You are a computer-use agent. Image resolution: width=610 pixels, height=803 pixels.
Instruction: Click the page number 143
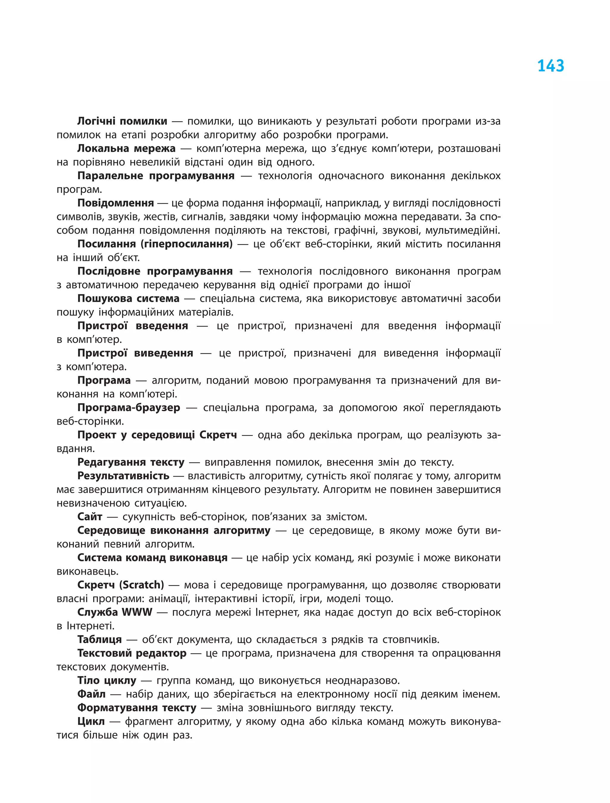[550, 66]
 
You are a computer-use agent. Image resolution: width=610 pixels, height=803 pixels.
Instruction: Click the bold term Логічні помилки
[122, 121]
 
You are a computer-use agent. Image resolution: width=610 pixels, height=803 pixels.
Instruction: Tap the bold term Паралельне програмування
[156, 176]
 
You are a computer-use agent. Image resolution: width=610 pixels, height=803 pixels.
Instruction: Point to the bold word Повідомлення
[116, 203]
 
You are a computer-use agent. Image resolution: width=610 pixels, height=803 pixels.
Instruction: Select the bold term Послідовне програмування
[155, 271]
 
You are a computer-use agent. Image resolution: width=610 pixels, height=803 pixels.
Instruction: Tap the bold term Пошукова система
[128, 298]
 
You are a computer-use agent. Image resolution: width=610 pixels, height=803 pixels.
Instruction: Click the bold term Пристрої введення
[133, 326]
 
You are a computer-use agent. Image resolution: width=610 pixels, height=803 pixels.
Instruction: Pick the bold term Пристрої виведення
[135, 353]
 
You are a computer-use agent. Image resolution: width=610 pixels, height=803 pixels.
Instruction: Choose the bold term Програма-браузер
[129, 407]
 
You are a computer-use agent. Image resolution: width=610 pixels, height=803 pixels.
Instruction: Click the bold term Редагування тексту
[131, 462]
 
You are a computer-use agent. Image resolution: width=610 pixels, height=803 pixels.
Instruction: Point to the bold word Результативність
[123, 475]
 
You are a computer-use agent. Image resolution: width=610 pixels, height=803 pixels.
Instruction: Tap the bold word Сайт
[90, 517]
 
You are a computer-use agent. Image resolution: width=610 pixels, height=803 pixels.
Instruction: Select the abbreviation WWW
[137, 612]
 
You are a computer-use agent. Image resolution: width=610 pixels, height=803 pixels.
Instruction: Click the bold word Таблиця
[99, 639]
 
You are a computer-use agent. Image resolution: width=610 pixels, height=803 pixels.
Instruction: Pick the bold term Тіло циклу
[107, 680]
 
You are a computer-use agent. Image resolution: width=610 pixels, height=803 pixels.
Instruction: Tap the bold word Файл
[91, 694]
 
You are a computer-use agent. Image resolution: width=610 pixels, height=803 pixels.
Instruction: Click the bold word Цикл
[91, 721]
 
